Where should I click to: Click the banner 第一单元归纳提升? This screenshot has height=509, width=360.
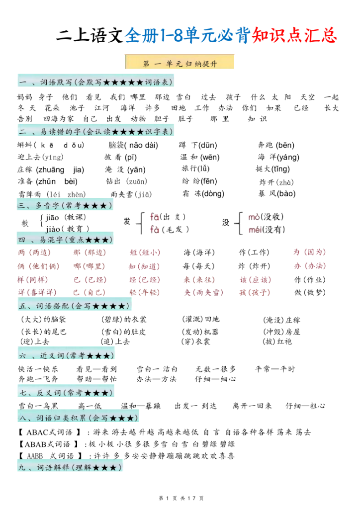(180, 63)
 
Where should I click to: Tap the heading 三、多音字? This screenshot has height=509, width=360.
(65, 205)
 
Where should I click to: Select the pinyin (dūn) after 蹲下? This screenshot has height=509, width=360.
(208, 145)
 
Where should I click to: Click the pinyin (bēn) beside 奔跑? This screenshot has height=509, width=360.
(285, 145)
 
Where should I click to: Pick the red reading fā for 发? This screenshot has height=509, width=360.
(155, 217)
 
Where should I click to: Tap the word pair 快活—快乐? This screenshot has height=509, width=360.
(38, 369)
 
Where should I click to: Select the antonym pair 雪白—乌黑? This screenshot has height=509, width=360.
(38, 406)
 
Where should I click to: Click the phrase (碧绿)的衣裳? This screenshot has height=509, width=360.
(124, 319)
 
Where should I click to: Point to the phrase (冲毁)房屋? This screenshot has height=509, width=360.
(281, 332)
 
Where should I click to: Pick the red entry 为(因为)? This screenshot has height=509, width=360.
(309, 252)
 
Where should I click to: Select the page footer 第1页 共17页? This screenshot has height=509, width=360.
(180, 498)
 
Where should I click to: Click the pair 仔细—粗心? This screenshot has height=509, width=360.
(305, 406)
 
